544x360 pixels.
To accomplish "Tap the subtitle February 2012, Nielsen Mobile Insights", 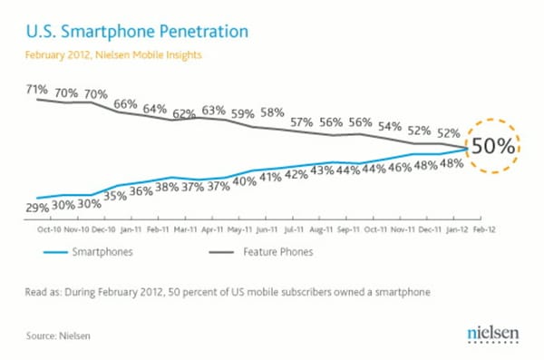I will pos(112,56).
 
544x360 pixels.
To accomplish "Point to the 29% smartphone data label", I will pos(38,208).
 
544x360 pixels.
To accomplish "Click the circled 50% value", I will pos(494,145).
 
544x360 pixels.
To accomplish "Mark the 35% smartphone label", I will pos(115,195).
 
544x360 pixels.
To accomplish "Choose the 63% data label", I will pos(215,111).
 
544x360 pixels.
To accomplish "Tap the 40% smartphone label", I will pos(244,181).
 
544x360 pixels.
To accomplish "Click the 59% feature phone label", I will pos(242,115).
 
